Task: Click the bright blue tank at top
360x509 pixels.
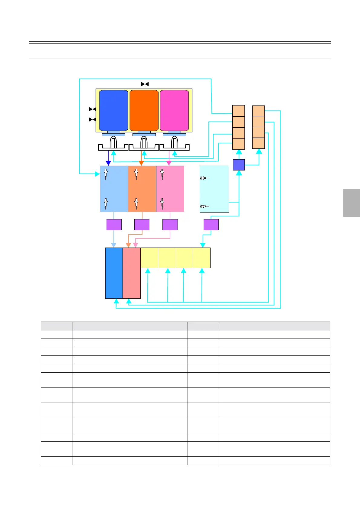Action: coord(113,110)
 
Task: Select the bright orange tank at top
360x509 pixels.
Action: coord(144,110)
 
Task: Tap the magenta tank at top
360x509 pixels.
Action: coord(174,110)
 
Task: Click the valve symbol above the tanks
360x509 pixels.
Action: coord(145,84)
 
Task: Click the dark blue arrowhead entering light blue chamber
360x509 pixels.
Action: coord(108,163)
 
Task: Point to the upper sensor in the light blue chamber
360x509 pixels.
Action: coord(106,174)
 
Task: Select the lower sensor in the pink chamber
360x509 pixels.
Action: coord(162,203)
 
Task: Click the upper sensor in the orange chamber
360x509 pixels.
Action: coord(136,174)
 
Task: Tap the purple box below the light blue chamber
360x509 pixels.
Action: coord(114,225)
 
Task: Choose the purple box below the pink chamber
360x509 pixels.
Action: coord(170,225)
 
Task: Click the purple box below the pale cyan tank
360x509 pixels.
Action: coord(211,225)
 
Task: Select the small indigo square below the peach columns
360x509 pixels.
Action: coord(239,165)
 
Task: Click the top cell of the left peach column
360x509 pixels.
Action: coord(238,111)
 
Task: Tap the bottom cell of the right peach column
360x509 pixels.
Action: coord(258,143)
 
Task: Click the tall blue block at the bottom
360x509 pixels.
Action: coord(114,273)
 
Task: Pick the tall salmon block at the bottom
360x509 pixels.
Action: coord(132,273)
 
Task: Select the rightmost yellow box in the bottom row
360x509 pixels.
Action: coord(201,258)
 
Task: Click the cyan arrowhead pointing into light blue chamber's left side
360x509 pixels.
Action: coord(97,174)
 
